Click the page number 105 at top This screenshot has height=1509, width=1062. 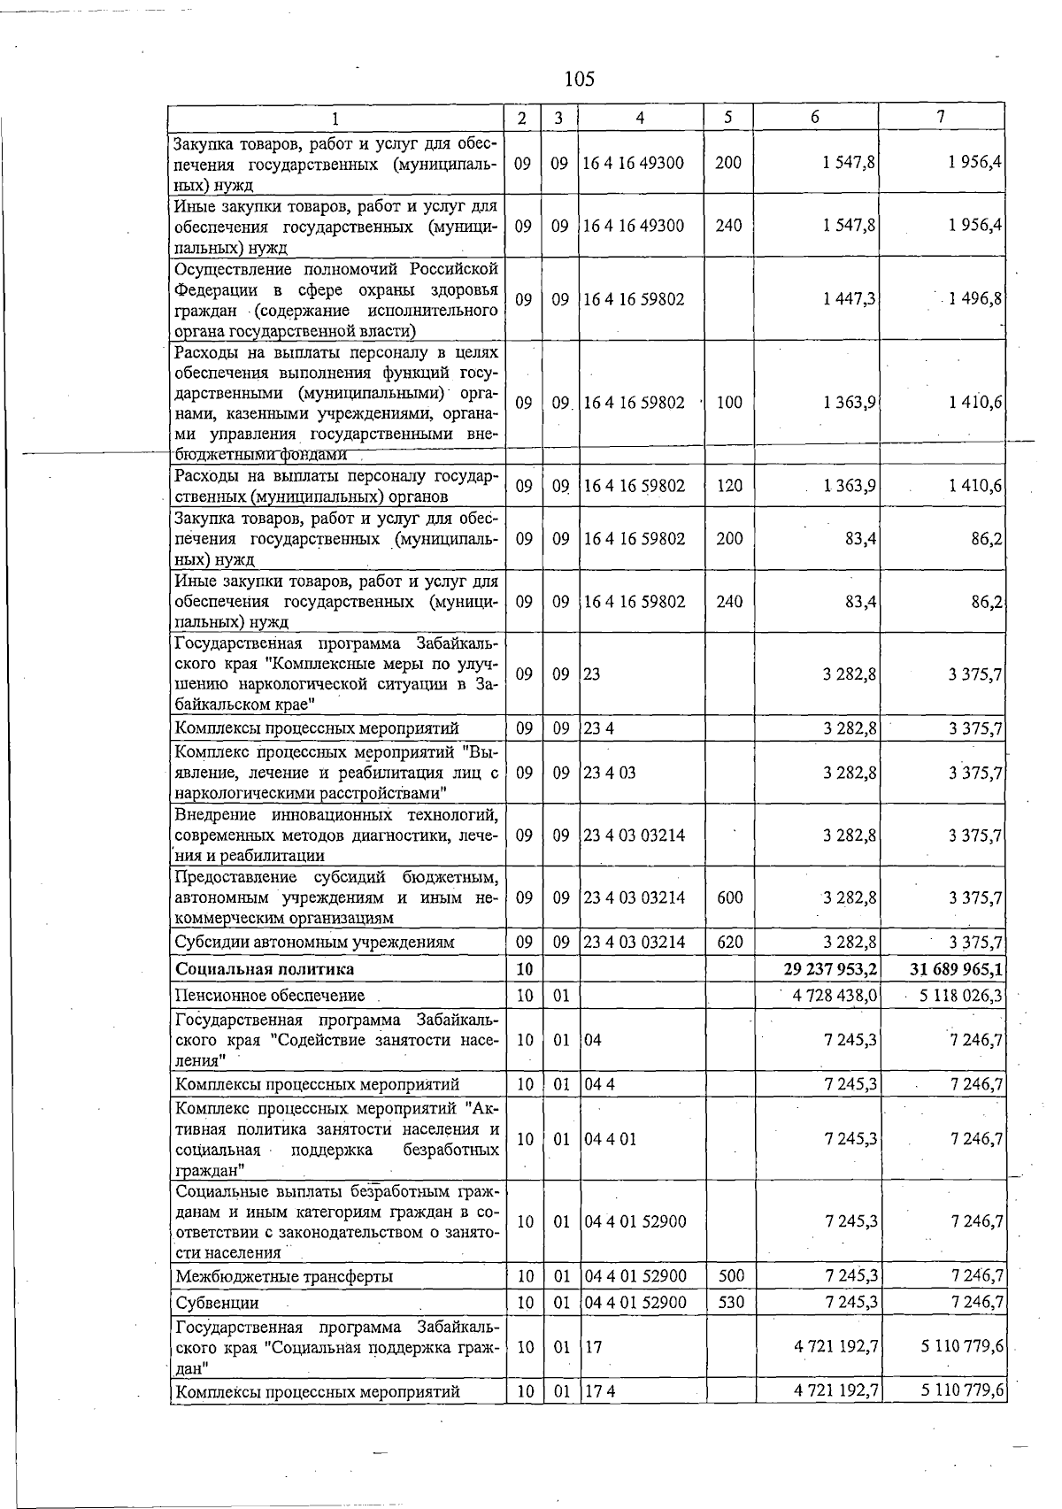(x=580, y=80)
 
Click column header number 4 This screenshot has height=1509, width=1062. (x=639, y=117)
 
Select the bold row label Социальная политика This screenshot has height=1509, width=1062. (x=265, y=969)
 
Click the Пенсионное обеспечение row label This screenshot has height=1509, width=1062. (x=269, y=996)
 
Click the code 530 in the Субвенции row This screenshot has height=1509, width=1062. (x=729, y=1303)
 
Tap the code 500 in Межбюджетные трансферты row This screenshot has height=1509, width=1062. (x=729, y=1276)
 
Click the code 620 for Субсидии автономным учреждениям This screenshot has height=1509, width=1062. (x=729, y=942)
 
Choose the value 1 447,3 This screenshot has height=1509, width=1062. (x=849, y=299)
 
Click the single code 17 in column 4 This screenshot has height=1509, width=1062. (x=592, y=1346)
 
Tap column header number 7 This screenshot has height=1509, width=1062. (x=941, y=117)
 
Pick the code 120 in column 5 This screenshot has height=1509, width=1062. (x=729, y=486)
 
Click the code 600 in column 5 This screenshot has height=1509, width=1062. (x=729, y=897)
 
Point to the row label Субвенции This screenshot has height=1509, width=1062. (x=217, y=1303)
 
